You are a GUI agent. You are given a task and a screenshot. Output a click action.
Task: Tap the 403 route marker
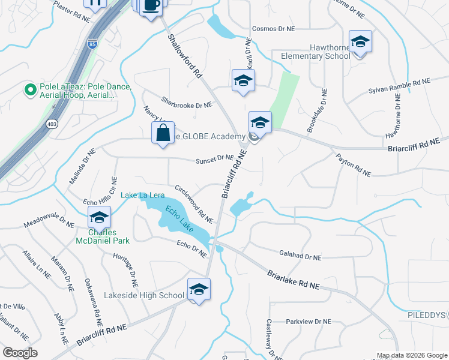tap(52, 123)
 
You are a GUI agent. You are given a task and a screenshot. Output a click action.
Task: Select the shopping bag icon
tap(163, 133)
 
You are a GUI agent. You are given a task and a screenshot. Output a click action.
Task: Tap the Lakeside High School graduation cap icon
tap(197, 290)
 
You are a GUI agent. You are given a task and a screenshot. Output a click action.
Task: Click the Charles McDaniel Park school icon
tap(98, 217)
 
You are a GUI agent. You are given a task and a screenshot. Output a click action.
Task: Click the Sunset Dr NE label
tap(215, 159)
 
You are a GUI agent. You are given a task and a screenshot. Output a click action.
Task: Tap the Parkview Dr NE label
tap(309, 322)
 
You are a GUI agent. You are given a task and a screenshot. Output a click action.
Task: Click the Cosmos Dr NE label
tap(273, 29)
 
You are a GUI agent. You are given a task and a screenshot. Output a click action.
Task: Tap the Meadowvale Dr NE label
tap(49, 224)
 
